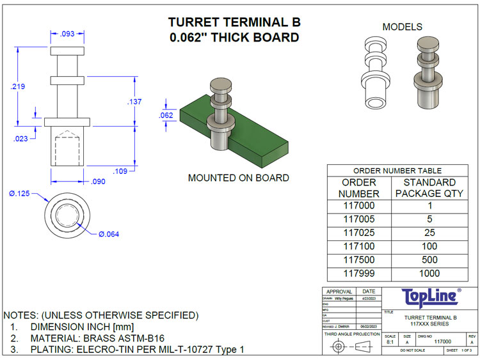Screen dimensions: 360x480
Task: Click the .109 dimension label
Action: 122,171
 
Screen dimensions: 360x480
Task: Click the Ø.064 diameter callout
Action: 108,234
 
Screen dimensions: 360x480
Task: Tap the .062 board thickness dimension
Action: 166,115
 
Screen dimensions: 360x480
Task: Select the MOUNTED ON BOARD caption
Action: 238,178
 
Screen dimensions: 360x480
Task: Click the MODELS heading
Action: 402,27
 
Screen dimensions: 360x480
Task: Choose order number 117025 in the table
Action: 358,233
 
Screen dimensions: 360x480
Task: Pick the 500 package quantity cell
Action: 429,260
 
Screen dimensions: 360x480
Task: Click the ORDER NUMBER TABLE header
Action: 397,171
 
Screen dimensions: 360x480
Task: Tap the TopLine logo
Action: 430,296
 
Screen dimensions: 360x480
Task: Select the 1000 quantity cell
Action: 429,274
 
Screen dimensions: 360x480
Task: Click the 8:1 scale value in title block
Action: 390,343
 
